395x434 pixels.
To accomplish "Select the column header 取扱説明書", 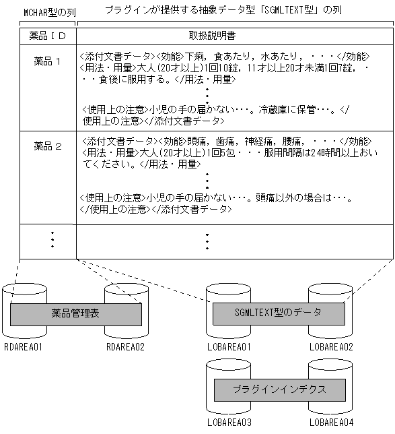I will tap(207, 34).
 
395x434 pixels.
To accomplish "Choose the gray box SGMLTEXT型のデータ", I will tap(278, 312).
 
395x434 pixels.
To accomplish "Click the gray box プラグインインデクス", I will tap(279, 389).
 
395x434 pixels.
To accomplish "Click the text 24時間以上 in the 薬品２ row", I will tap(329, 153).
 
